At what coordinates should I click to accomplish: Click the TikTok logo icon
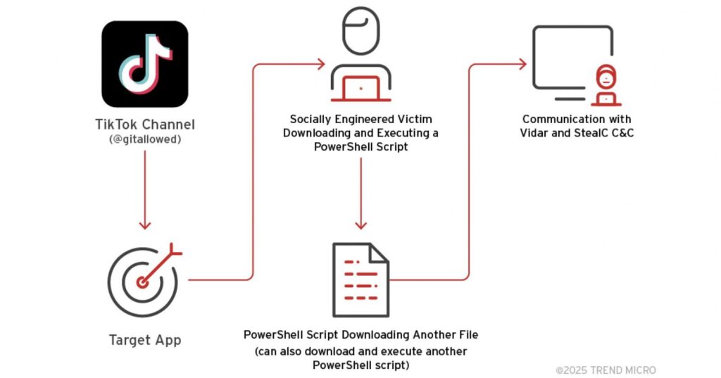coord(144,63)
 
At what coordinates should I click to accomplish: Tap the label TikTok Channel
coord(145,125)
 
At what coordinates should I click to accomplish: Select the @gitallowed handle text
coord(145,139)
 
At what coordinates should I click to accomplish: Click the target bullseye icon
coord(144,280)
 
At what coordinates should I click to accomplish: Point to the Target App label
coord(145,340)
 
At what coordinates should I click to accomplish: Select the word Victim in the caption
coord(413,119)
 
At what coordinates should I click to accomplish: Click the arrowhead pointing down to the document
coord(360,225)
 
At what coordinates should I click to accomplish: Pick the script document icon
coord(360,279)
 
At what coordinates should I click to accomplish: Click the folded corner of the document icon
coord(379,252)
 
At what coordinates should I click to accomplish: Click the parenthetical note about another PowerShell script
coord(360,358)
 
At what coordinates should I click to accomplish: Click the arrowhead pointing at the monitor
coord(522,64)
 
